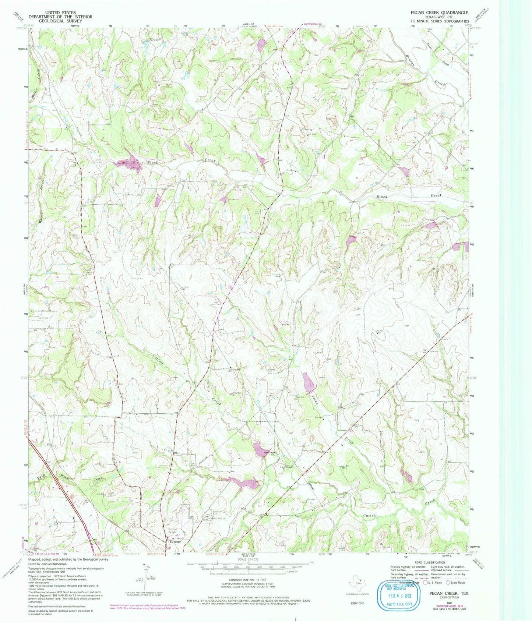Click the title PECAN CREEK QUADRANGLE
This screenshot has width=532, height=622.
tap(440, 13)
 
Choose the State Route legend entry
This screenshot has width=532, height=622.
tap(455, 583)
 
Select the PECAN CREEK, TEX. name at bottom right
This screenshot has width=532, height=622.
tap(449, 594)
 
